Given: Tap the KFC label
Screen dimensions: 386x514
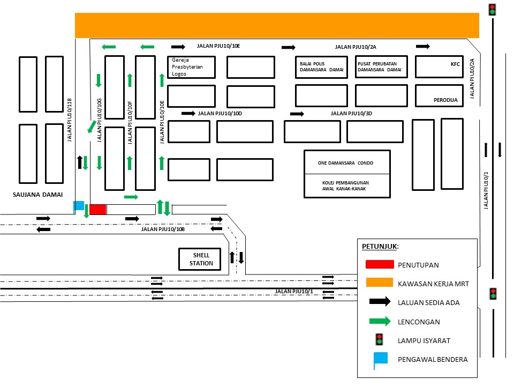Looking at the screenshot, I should pos(455,64).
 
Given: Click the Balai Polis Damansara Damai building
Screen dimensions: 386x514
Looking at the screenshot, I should pos(321,66).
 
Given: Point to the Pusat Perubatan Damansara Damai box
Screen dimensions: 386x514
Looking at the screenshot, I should pos(381,66).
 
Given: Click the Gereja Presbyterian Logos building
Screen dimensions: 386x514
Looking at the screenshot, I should pos(191,67).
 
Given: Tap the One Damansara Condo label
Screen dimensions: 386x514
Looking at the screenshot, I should pos(345,162).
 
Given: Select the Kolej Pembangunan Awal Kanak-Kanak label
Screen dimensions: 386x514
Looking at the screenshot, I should pos(345,185).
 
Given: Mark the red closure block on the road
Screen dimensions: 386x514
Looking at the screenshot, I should pos(98,210).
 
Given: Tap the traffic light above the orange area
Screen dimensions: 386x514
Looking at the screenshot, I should pos(492,9).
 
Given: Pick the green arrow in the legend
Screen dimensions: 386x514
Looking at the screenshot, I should pos(379,322).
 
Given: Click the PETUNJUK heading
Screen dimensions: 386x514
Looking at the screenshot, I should pos(380,247).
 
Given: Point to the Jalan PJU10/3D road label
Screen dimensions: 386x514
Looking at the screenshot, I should pos(351,113).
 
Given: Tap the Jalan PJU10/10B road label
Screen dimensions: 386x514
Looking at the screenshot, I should pos(163,229).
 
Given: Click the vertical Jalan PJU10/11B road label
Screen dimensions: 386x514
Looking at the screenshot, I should pos(69,120).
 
